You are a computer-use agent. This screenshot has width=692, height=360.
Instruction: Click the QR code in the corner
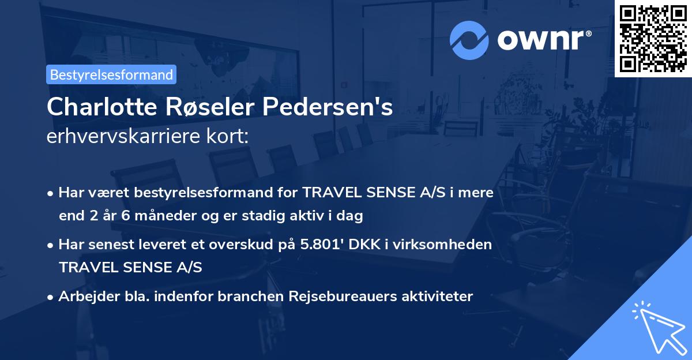653,38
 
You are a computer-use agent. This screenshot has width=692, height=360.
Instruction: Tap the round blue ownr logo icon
469,40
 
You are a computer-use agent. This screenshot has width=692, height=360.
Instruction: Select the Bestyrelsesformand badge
111,74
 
